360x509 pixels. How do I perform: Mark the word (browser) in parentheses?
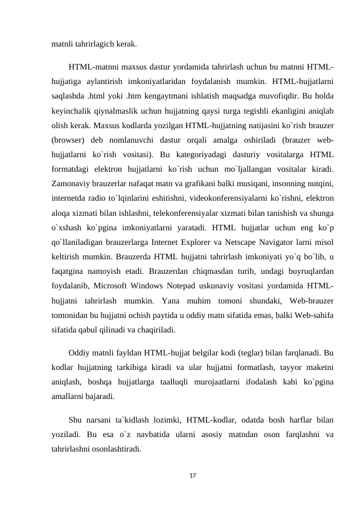click(x=68, y=135)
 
